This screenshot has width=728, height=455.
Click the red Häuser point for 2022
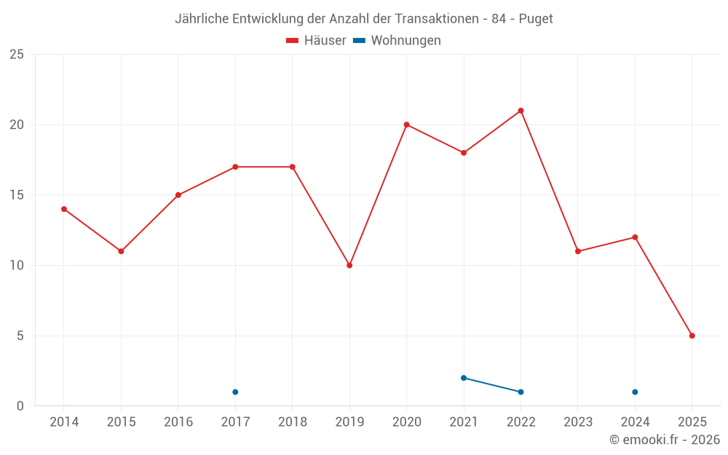point(521,111)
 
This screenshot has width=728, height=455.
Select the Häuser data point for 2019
point(349,265)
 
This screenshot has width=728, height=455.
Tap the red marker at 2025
point(692,336)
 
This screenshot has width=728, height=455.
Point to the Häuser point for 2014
point(64,209)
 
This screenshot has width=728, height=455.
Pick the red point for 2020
point(406,124)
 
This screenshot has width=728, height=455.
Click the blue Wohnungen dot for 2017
point(235,392)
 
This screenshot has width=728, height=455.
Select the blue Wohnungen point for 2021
point(464,378)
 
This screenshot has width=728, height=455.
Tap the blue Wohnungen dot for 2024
point(635,392)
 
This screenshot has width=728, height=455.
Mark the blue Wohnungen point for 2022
point(521,392)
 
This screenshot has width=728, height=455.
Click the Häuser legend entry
point(316,41)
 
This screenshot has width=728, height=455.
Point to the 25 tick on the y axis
point(17,55)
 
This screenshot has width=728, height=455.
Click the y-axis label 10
point(17,265)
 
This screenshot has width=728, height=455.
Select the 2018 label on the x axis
point(293,422)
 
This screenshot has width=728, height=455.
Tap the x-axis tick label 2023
point(578,422)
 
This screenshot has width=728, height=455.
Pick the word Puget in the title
point(536,19)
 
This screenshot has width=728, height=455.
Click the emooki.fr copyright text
point(665,440)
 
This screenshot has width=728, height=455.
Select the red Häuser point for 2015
point(121,251)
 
